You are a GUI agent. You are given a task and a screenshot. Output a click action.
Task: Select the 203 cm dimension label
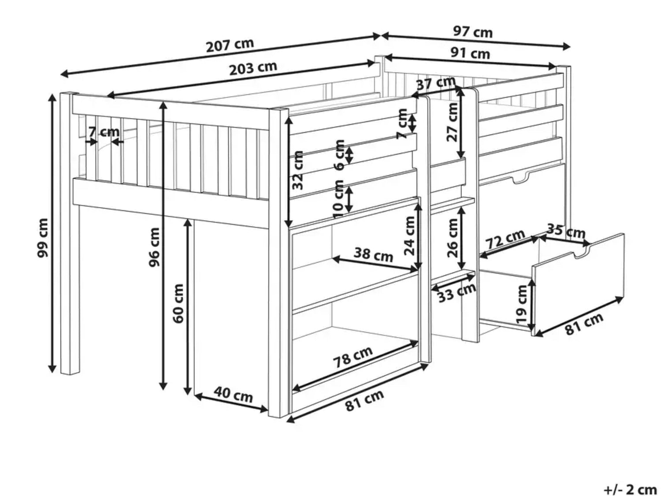pos(253,69)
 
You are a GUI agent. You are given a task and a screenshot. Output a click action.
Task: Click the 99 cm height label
pos(42,238)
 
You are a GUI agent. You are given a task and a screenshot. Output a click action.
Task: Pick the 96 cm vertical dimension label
pos(154,247)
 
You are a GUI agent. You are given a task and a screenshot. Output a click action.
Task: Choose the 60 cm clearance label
pos(178,303)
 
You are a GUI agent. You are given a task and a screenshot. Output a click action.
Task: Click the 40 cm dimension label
pos(233,395)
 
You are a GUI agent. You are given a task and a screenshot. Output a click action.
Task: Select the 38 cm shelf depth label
pos(373,254)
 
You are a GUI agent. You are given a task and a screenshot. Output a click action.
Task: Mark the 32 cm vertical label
pos(297,170)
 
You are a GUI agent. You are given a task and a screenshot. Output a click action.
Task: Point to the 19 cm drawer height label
pos(521,304)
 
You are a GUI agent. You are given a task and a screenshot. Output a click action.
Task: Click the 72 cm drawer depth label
pos(505,239)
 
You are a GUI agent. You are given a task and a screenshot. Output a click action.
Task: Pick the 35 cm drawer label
pos(566,231)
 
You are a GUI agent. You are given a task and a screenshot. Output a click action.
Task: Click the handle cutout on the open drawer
pos(582,252)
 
